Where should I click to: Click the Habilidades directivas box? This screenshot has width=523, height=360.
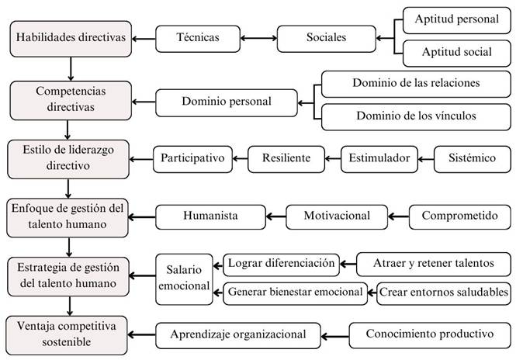(x=71, y=39)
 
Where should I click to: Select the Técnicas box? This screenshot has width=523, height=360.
(x=198, y=39)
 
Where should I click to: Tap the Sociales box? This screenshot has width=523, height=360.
(x=327, y=39)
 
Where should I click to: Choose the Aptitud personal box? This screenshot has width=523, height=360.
(x=456, y=20)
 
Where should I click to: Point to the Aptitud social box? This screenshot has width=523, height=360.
(x=456, y=54)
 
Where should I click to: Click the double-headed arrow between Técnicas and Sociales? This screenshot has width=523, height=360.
(x=258, y=38)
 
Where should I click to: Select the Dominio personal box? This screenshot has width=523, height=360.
(x=227, y=102)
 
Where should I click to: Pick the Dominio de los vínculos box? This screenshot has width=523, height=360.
(x=416, y=117)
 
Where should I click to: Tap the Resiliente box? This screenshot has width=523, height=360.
(x=286, y=159)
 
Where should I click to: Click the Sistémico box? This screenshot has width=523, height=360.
(x=473, y=159)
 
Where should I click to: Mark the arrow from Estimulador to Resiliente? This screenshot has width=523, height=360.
(x=333, y=159)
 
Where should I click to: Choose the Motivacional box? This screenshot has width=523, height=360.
(x=337, y=217)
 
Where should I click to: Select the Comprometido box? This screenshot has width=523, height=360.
(x=460, y=217)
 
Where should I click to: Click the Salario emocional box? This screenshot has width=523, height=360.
(x=184, y=279)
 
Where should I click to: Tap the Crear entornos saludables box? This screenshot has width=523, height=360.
(x=444, y=293)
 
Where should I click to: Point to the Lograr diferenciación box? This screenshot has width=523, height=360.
(x=281, y=265)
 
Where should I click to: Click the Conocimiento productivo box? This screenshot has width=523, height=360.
(x=430, y=335)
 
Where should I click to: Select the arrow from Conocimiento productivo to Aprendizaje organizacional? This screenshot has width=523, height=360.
(x=335, y=336)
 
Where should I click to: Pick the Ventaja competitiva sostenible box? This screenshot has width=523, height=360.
(x=67, y=335)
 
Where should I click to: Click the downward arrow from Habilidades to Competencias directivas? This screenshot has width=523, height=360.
(x=71, y=69)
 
